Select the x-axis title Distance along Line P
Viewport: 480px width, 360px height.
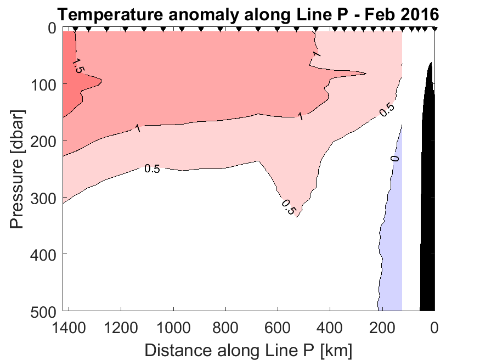(x=248, y=349)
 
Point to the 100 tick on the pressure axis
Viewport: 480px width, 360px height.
(x=42, y=85)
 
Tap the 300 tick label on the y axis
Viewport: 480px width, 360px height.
(x=42, y=198)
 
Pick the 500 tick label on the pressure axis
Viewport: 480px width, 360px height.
(x=42, y=311)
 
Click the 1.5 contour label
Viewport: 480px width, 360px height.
(x=78, y=65)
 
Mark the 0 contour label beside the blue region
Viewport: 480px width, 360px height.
(x=394, y=159)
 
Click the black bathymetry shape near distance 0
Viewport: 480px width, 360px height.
(x=428, y=220)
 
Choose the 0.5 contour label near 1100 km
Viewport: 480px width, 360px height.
(x=152, y=168)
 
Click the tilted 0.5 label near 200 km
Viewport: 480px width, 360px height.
(x=386, y=109)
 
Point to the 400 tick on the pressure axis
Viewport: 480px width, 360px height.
(x=42, y=254)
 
